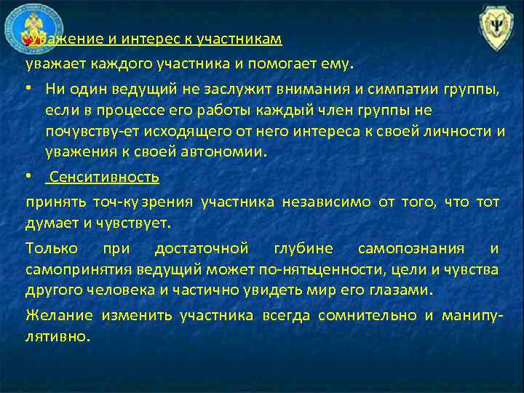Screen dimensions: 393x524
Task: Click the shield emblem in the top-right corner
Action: point(496,28)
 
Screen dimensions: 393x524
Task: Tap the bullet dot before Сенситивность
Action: point(28,178)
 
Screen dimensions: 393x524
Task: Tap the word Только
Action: point(50,248)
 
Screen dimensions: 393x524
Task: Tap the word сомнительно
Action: point(366,315)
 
